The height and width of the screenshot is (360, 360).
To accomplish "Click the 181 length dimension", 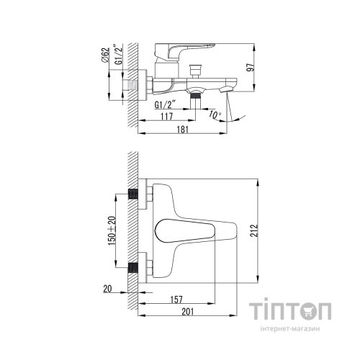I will coord(184,131).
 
